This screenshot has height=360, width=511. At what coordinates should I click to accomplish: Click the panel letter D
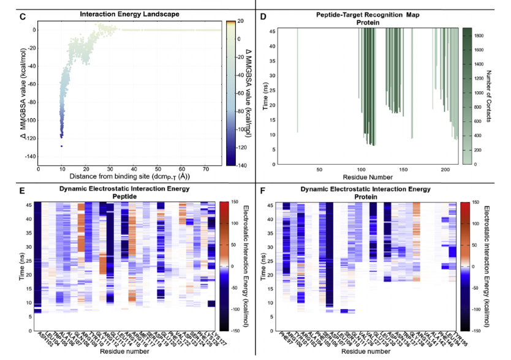[x=263, y=14]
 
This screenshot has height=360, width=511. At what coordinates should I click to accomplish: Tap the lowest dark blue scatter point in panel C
[x=61, y=146]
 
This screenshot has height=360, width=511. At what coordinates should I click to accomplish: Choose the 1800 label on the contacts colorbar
[x=481, y=36]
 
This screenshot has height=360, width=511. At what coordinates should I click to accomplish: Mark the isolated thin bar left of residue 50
[x=298, y=80]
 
